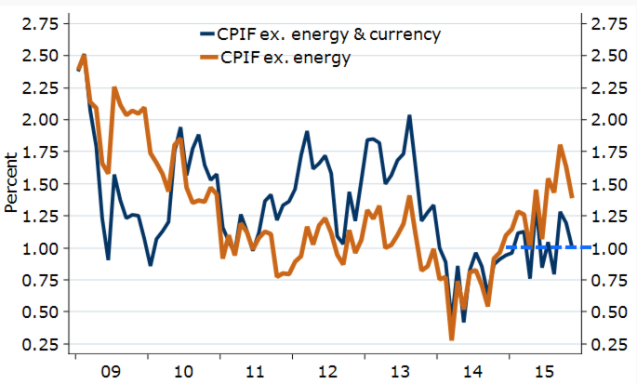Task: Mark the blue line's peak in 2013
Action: pyautogui.click(x=409, y=116)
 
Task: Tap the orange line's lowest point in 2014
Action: pyautogui.click(x=452, y=338)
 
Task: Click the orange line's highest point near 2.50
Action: pyautogui.click(x=84, y=56)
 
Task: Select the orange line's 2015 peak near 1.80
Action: pyautogui.click(x=561, y=146)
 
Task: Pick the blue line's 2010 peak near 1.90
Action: pyautogui.click(x=179, y=128)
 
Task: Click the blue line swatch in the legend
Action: pyautogui.click(x=206, y=34)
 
